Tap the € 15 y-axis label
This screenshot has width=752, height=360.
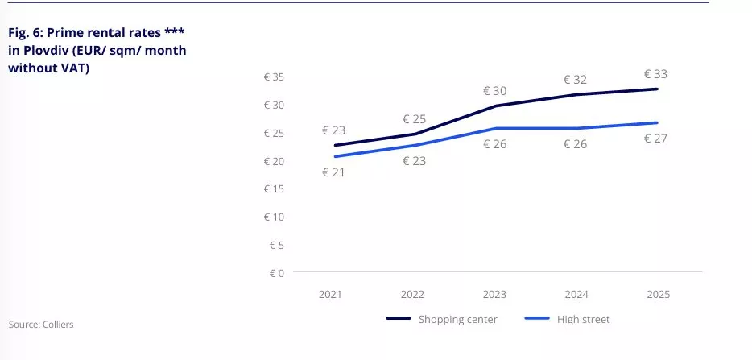coord(274,189)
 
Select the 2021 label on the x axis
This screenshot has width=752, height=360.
coord(330,295)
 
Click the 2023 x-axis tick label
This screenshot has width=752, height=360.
coord(495,295)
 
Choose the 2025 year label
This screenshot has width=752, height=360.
coord(657,295)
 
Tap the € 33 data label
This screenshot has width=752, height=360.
coord(655,74)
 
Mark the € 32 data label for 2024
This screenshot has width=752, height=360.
coord(576,80)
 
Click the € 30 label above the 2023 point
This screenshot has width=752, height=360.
coord(494,91)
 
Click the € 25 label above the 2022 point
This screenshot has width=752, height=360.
coord(414,119)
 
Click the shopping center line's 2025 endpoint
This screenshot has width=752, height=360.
coord(657,89)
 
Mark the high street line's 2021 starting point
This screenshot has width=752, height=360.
coord(333,156)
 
